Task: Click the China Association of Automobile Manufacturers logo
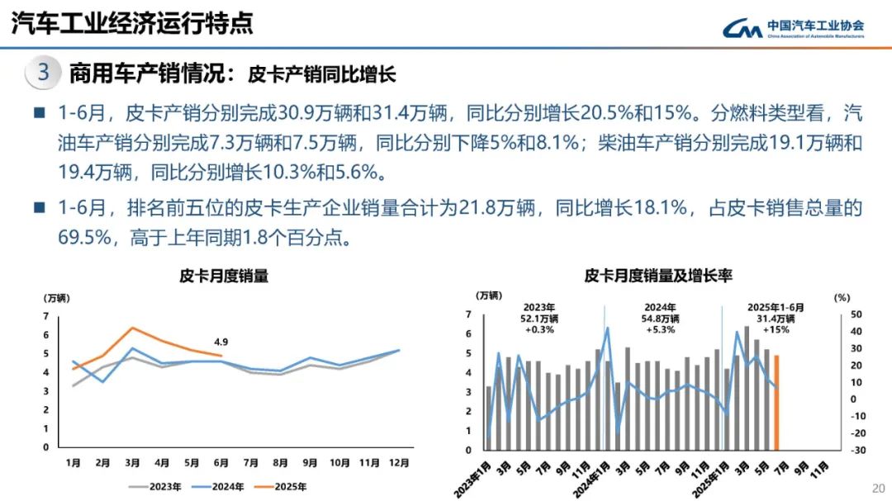coord(793,29)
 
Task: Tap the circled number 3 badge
coord(43,73)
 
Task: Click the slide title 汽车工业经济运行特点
coord(132,23)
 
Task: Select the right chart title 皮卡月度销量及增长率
coord(658,276)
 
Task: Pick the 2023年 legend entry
coord(154,487)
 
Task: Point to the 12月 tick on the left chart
coord(399,464)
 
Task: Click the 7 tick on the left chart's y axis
coord(46,316)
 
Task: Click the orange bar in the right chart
coord(776,402)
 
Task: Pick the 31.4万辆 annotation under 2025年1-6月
coord(776,319)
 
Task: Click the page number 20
coord(878,487)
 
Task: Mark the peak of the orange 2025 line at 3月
coord(132,328)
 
